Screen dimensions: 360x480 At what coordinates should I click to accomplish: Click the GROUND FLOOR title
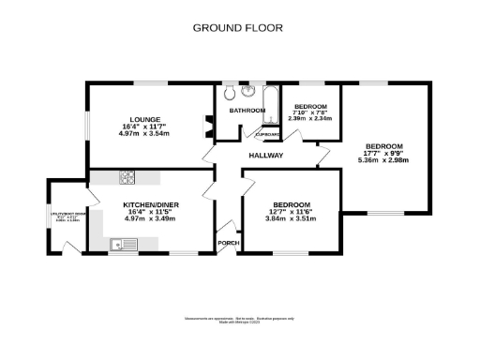pos(237,28)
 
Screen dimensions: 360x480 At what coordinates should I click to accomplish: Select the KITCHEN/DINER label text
pos(151,204)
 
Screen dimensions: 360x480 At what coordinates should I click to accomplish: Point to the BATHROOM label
pos(247,111)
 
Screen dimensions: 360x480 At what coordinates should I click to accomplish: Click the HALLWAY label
pos(265,156)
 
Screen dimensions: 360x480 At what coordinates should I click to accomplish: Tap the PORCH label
pos(228,244)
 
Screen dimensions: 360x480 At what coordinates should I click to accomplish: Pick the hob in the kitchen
pos(128,177)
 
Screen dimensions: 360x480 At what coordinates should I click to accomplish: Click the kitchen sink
pos(123,246)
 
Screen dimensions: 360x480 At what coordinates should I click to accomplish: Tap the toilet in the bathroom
pos(247,91)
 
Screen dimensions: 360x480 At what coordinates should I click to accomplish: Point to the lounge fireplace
pos(208,125)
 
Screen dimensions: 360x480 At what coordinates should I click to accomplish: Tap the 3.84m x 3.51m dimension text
pos(292,218)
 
